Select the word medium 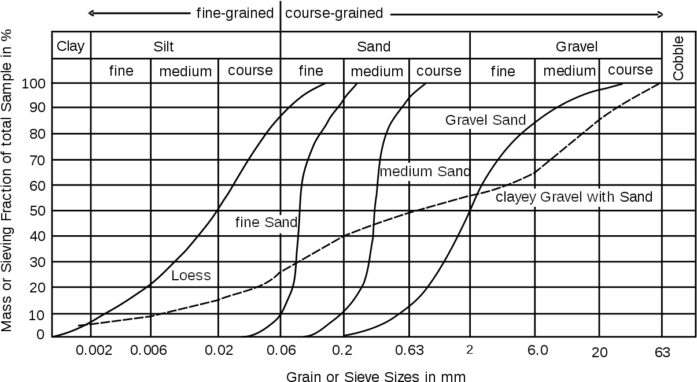coord(407,172)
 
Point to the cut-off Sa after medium coord(446,172)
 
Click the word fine coord(248,222)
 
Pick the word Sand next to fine coord(279,222)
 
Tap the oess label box coord(197,276)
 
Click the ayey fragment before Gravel coord(525,198)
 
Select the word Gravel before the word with coord(561,197)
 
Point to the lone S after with coord(621,197)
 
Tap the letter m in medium coord(387,172)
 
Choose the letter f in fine coord(238,222)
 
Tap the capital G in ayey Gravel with coord(545,197)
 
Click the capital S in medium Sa coord(441,172)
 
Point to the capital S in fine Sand coord(269,222)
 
